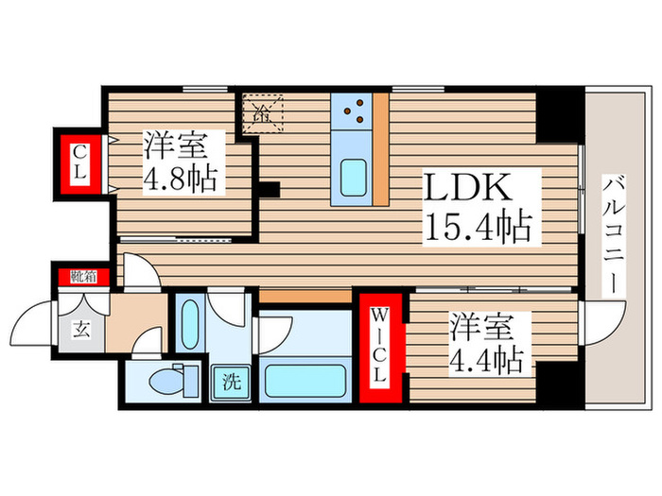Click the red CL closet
tap(82, 165)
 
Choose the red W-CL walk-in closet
tap(378, 348)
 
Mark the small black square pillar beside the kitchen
tap(270, 188)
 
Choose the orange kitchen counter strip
tap(381, 149)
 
